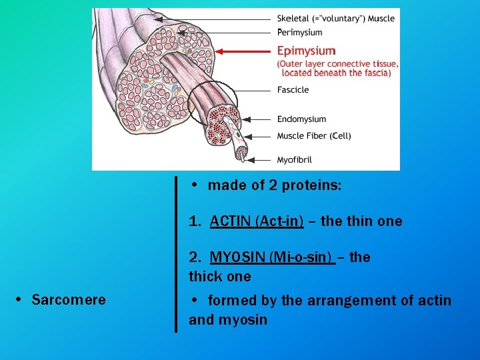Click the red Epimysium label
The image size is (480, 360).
(x=306, y=51)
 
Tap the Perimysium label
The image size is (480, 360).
(x=299, y=32)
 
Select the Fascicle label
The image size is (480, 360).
(x=293, y=90)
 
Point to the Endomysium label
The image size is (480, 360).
(x=301, y=119)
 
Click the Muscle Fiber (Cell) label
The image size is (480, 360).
(x=313, y=136)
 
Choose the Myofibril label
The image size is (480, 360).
(x=294, y=160)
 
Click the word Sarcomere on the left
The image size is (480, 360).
(x=68, y=300)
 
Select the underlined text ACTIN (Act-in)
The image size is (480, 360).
(x=257, y=221)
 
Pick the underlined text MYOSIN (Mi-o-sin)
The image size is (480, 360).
(x=271, y=257)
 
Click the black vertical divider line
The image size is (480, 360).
(x=176, y=253)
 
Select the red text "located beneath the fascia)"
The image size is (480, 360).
(x=336, y=73)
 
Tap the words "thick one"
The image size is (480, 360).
(x=220, y=277)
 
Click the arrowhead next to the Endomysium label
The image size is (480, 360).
(x=245, y=119)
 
